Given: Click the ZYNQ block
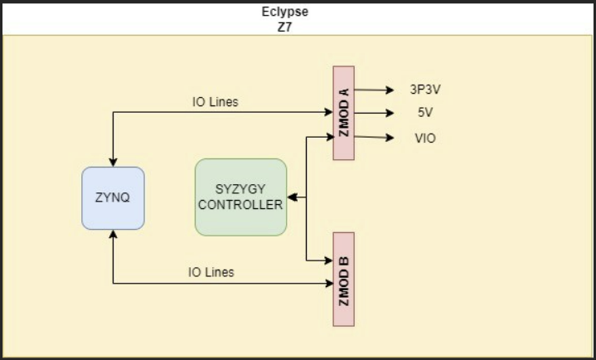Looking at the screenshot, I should pos(113,198).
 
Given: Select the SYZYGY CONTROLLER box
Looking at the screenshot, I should pos(240,197).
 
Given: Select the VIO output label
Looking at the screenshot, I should pos(425,138).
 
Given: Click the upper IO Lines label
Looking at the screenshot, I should pos(215,102).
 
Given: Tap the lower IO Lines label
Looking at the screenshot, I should pos(211,271).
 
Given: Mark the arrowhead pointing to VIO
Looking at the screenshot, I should pos(386,138).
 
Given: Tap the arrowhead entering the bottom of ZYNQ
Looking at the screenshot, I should pos(113,235).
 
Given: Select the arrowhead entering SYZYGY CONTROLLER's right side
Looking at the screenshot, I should pos(293,198).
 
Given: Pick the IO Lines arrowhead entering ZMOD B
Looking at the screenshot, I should pos(327,285).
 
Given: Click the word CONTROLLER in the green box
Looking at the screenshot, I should pos(240,205).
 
